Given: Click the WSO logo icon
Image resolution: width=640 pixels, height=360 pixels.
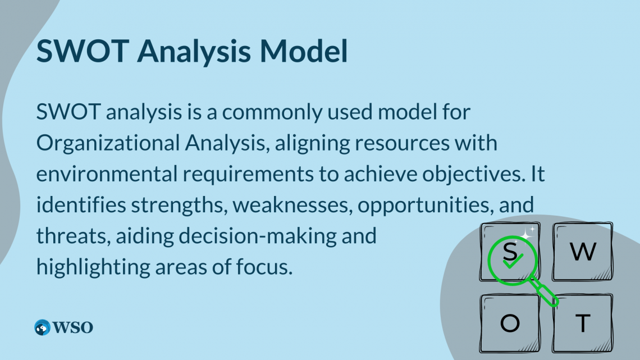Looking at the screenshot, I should (x=42, y=327).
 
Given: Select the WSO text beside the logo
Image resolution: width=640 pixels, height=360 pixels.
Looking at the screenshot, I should (x=72, y=327).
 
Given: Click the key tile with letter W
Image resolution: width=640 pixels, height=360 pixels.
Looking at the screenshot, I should (x=582, y=252).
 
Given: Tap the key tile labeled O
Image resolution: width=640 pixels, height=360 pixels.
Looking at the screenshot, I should (x=510, y=323).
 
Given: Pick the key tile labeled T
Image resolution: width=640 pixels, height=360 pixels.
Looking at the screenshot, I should (x=583, y=323).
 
